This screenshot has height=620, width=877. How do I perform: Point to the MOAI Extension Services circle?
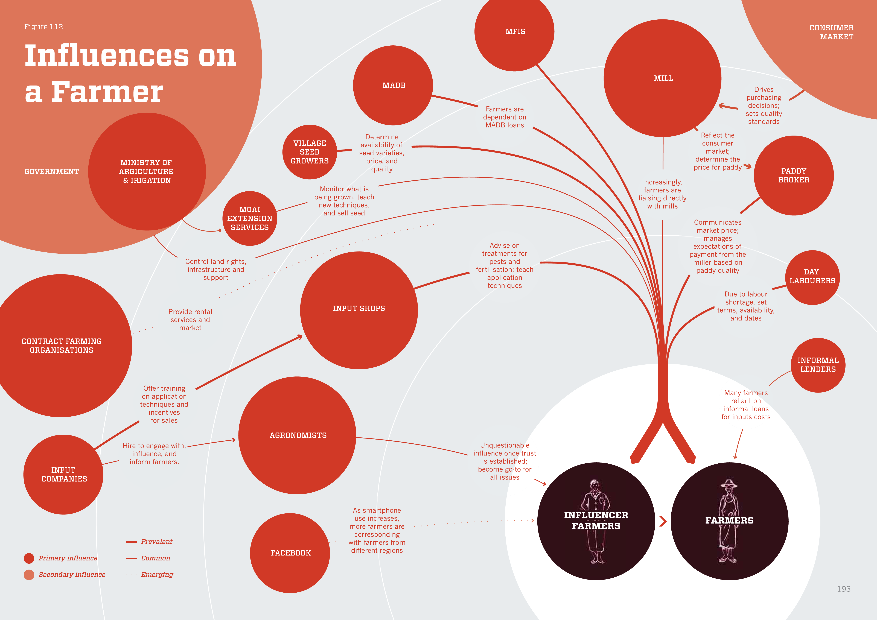tap(250, 218)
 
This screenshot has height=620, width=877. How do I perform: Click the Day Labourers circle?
tap(812, 277)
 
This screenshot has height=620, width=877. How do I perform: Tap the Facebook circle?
tap(290, 553)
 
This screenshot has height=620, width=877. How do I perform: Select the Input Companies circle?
tap(63, 475)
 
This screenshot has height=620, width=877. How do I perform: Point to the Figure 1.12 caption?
tap(43, 27)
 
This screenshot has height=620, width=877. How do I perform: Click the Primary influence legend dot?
tap(29, 558)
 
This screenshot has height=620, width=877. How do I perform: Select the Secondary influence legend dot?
tap(29, 575)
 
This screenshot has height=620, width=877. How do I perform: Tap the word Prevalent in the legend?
tap(157, 542)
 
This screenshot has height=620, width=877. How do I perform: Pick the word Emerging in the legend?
tap(157, 575)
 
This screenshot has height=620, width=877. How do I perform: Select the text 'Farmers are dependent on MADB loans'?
tap(505, 117)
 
